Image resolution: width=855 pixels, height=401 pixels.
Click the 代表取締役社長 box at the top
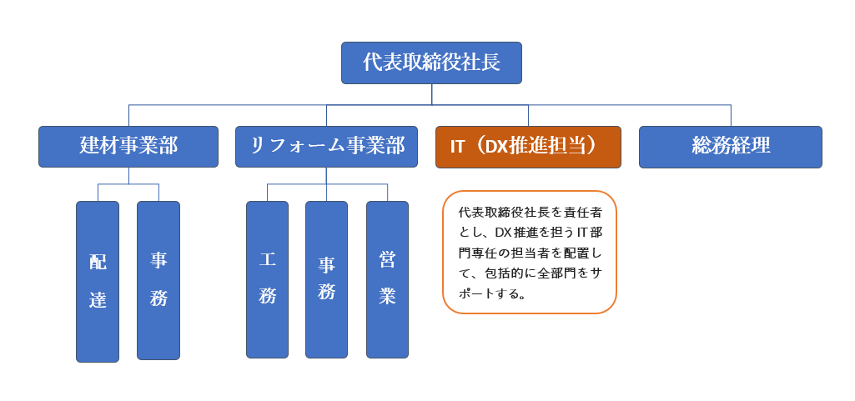(431, 63)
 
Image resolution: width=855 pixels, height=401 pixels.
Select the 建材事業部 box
(128, 147)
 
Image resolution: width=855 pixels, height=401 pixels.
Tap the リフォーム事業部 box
(327, 147)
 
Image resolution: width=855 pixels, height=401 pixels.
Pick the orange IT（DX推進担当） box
(528, 147)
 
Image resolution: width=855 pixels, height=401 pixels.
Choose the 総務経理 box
(731, 147)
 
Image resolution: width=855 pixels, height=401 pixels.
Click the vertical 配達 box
(98, 282)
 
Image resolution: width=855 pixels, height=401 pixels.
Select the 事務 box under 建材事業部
(158, 281)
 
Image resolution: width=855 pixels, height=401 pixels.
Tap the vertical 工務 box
(267, 279)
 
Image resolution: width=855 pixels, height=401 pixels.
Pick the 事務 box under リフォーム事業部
(326, 279)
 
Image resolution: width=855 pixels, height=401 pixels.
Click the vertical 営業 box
(387, 279)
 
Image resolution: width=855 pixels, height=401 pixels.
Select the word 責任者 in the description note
(585, 213)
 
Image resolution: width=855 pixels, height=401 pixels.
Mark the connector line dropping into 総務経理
(731, 116)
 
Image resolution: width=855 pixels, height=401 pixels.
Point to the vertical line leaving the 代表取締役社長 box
(432, 94)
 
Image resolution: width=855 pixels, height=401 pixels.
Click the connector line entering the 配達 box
(98, 193)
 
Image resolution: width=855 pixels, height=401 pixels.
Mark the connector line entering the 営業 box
(387, 193)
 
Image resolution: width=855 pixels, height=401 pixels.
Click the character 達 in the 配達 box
(98, 299)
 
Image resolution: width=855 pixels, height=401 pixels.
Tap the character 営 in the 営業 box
(387, 260)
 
